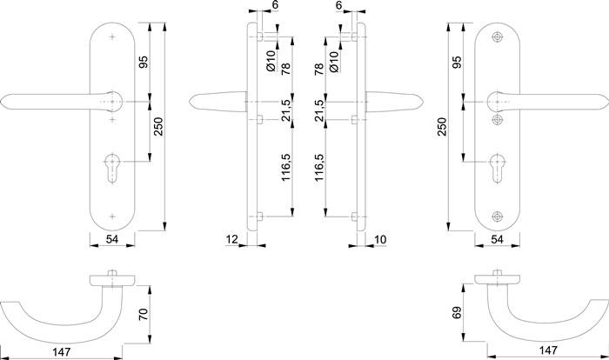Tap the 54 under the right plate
(498, 237)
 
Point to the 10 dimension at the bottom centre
(380, 237)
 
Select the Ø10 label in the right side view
(331, 61)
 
